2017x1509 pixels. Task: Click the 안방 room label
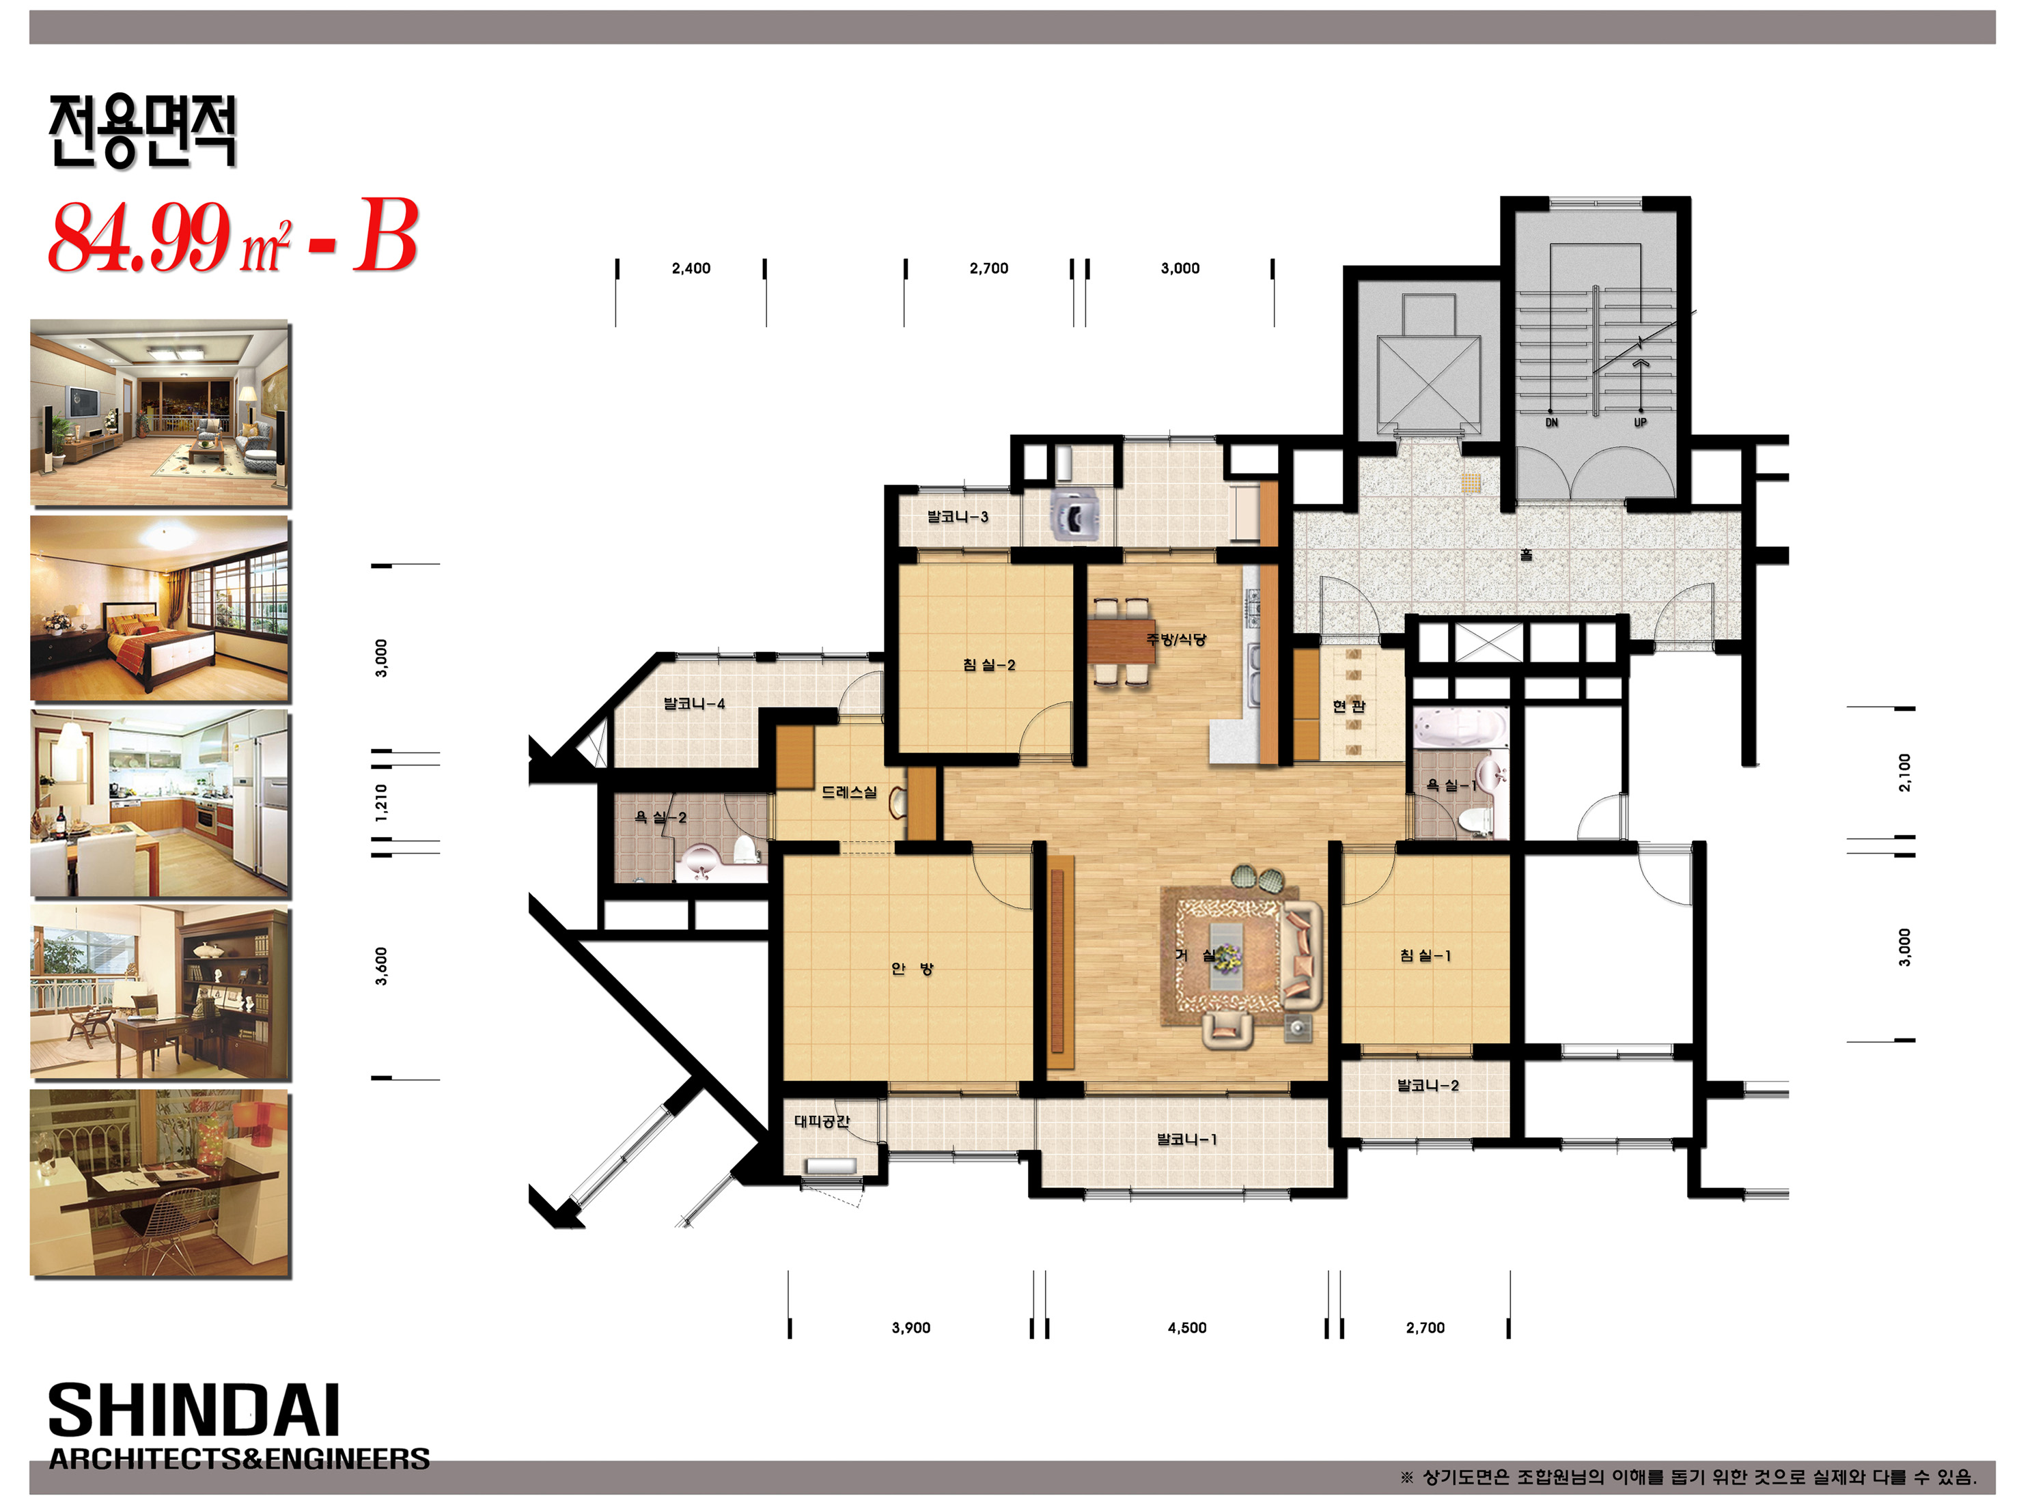point(912,968)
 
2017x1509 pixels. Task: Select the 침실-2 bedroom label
point(988,664)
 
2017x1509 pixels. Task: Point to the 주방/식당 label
point(1176,639)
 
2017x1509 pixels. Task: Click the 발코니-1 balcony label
point(1186,1139)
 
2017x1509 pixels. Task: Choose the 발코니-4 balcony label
point(694,703)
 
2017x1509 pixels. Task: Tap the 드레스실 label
point(849,791)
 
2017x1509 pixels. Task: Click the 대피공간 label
point(822,1120)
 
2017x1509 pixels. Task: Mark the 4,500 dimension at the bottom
point(1186,1327)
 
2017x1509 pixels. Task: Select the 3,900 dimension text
point(911,1327)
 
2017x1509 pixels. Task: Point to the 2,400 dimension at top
point(691,268)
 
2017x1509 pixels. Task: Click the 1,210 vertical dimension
point(381,802)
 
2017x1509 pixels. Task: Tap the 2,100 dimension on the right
point(1904,772)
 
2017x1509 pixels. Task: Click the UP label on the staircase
point(1639,422)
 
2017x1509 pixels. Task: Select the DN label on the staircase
point(1551,422)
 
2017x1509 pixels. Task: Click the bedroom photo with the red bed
point(160,608)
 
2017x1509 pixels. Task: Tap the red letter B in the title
point(386,236)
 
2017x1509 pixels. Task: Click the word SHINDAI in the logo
point(194,1411)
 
